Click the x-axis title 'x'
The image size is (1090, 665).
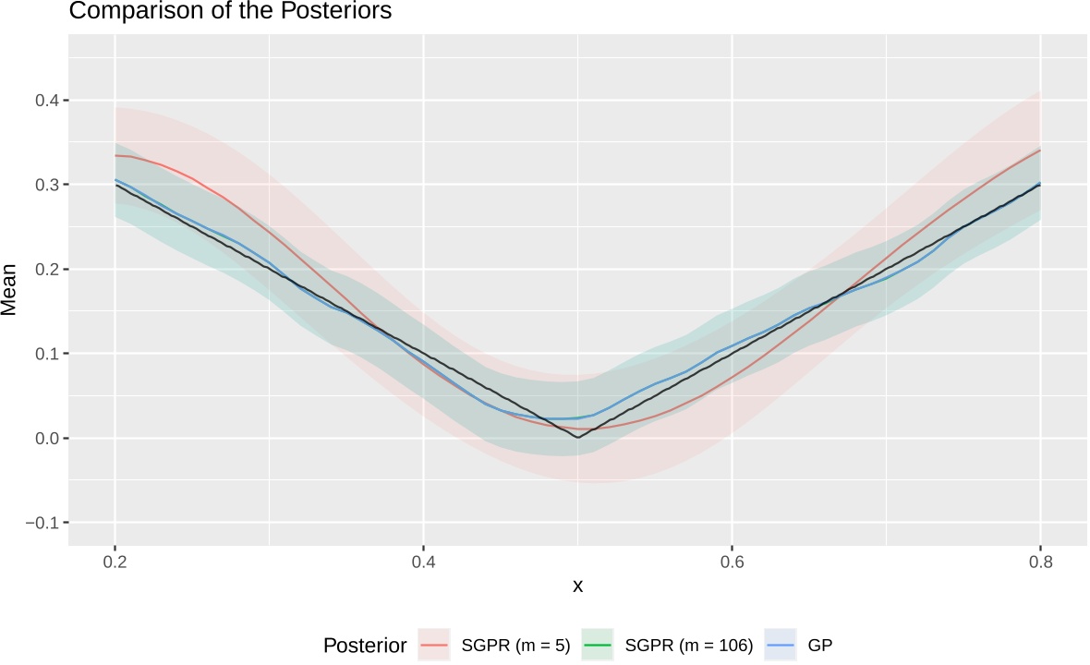pyautogui.click(x=577, y=586)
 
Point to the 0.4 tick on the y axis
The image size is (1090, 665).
pyautogui.click(x=46, y=100)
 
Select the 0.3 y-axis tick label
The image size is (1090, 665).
pyautogui.click(x=46, y=185)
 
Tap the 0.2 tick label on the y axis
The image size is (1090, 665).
pyautogui.click(x=46, y=269)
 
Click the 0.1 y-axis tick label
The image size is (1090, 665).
pyautogui.click(x=46, y=354)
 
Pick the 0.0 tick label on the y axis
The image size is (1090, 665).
pyautogui.click(x=46, y=438)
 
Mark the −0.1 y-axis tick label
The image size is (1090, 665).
pyautogui.click(x=42, y=523)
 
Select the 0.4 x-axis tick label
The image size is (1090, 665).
pyautogui.click(x=423, y=561)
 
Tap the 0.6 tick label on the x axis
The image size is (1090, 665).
pyautogui.click(x=732, y=561)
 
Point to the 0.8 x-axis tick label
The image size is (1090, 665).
pyautogui.click(x=1040, y=561)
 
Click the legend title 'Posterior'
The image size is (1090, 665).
pyautogui.click(x=364, y=646)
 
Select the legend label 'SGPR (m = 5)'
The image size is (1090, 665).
pyautogui.click(x=507, y=646)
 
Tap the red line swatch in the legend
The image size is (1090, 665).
pyautogui.click(x=434, y=646)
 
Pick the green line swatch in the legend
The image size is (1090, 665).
pyautogui.click(x=599, y=646)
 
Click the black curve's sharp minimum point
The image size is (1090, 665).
pyautogui.click(x=578, y=437)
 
